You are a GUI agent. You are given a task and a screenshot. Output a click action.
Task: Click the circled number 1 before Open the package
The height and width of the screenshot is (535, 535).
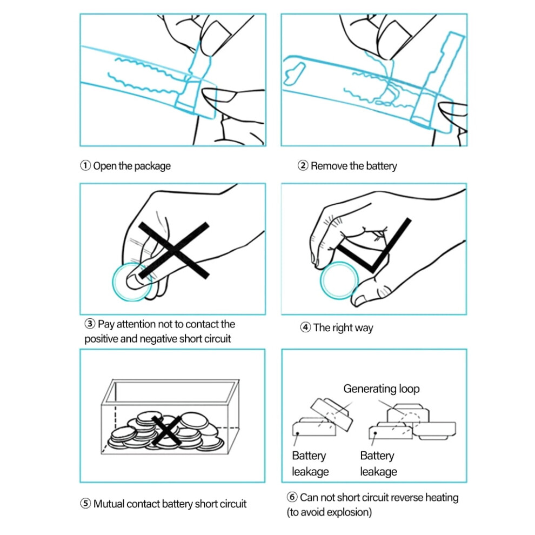pyautogui.click(x=85, y=166)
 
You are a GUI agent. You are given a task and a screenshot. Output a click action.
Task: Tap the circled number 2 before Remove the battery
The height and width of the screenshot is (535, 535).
pyautogui.click(x=303, y=166)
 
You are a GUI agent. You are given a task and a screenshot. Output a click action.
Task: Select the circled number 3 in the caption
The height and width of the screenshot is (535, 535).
pyautogui.click(x=90, y=324)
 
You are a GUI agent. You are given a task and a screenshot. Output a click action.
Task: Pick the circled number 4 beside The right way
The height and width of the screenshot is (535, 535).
pyautogui.click(x=305, y=327)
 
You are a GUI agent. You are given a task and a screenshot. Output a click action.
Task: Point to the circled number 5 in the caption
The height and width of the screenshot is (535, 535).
pyautogui.click(x=85, y=504)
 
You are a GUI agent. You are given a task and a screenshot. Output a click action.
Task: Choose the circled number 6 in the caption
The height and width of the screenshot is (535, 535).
pyautogui.click(x=292, y=497)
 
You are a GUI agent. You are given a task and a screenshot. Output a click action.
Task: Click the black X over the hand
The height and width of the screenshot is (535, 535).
pyautogui.click(x=173, y=250)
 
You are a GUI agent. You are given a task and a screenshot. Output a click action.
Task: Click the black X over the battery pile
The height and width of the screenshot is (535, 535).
pyautogui.click(x=166, y=431)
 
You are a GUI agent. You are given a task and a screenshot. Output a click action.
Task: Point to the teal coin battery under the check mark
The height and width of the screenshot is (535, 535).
pyautogui.click(x=339, y=280)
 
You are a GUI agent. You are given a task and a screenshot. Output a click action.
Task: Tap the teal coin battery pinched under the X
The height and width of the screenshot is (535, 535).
pyautogui.click(x=132, y=282)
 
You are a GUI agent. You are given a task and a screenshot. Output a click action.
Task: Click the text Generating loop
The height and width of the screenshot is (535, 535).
pyautogui.click(x=382, y=389)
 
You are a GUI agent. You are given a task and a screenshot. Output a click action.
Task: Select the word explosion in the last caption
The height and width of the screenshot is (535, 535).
pyautogui.click(x=347, y=512)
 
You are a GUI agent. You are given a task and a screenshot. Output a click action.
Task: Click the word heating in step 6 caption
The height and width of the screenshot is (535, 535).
pyautogui.click(x=442, y=498)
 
